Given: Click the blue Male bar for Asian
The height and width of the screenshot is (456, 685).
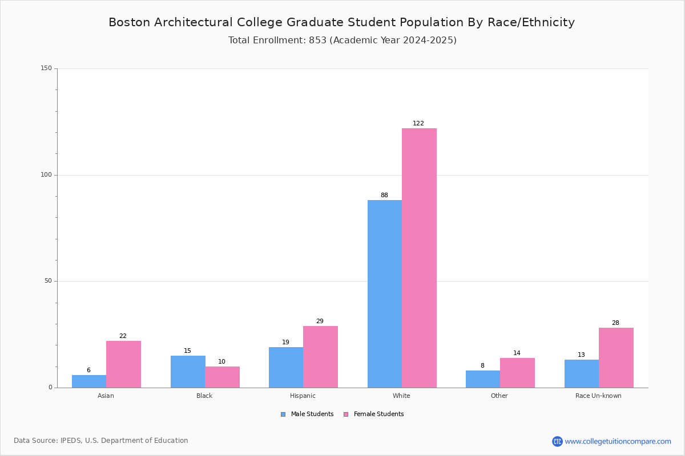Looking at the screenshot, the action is [x=89, y=381].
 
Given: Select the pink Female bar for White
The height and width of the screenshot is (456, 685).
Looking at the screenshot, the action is [x=419, y=258].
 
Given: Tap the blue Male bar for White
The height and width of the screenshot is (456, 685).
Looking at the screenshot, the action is [x=385, y=294].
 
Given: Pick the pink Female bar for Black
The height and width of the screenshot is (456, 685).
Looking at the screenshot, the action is [x=222, y=377].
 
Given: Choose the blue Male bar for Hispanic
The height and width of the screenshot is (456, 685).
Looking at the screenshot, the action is [x=286, y=368].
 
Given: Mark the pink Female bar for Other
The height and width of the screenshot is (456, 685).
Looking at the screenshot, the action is [x=517, y=373].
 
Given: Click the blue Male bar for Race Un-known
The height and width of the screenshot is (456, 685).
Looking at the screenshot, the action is [x=582, y=374].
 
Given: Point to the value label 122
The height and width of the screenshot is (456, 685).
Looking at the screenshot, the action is [x=418, y=123].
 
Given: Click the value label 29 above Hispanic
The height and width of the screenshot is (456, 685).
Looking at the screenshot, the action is [x=320, y=321].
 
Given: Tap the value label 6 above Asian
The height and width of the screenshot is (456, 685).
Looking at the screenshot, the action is [x=88, y=370].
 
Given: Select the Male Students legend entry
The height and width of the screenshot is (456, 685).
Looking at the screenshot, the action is [x=307, y=414].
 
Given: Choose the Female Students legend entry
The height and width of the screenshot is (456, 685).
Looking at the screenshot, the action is [x=374, y=414].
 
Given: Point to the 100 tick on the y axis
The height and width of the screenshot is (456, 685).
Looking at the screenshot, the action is [x=46, y=174].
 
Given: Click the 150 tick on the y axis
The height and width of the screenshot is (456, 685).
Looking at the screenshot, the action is [x=46, y=68].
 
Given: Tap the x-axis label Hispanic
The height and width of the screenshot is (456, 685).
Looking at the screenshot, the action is [x=303, y=396].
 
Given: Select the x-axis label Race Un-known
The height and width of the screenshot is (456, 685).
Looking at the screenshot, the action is [x=598, y=396].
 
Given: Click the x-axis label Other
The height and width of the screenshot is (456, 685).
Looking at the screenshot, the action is [x=499, y=396].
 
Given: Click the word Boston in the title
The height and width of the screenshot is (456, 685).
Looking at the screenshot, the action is [x=130, y=22].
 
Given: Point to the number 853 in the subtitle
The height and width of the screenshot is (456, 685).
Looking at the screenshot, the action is [x=318, y=40].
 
